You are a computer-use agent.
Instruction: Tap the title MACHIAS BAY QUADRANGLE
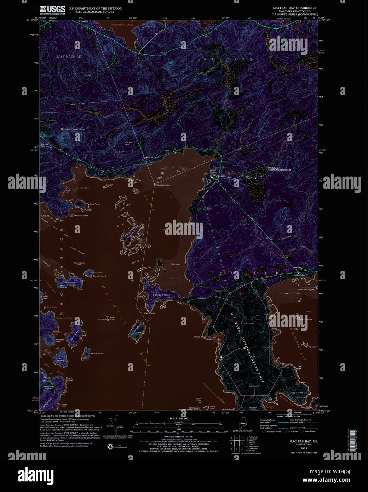point(295,8)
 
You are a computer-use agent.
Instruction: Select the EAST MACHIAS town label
point(68,57)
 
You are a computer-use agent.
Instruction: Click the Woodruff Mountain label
point(73,129)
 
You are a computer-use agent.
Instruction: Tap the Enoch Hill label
point(128,143)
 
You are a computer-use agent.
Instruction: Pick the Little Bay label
point(82,188)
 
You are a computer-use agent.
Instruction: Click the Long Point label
point(94,204)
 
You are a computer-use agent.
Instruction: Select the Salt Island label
point(70,282)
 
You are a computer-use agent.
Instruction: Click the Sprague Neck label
point(161,295)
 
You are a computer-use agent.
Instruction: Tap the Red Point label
point(150,313)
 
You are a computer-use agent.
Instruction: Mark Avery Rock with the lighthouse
point(112,318)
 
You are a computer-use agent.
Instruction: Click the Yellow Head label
point(97,354)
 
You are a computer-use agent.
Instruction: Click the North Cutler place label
point(299,275)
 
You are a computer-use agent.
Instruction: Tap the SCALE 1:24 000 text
point(179,419)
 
